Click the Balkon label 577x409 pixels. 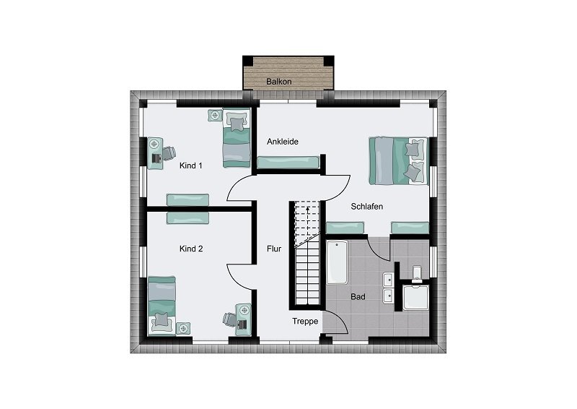point(279,82)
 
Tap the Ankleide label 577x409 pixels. point(283,142)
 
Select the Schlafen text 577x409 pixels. point(367,207)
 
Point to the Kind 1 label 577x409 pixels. point(191,165)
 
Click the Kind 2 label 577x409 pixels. point(191,249)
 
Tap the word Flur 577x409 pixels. point(274,249)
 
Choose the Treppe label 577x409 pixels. point(305,322)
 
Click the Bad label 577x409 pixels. point(358,296)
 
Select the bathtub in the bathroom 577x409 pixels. point(337,262)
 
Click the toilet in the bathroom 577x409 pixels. point(417,274)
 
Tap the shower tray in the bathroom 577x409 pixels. point(416,297)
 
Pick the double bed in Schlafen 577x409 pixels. point(399,161)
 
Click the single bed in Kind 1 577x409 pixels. point(237,137)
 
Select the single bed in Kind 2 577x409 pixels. point(162,306)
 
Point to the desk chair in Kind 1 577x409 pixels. point(169,153)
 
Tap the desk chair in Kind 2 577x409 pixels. point(229,319)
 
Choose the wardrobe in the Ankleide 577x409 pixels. point(288,163)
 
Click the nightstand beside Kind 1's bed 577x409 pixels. point(215,115)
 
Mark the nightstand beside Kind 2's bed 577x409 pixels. point(183,328)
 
